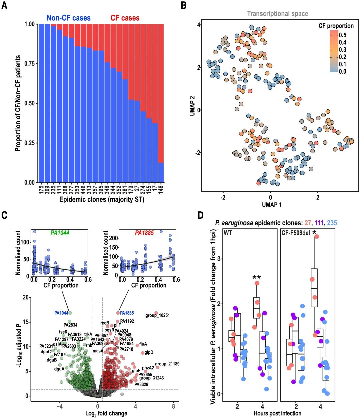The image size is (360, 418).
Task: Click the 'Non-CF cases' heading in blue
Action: (x=68, y=18)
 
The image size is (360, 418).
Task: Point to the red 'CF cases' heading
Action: (x=125, y=18)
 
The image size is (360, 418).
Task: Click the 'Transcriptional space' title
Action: (x=277, y=14)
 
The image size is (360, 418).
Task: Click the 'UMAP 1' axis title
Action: (x=271, y=205)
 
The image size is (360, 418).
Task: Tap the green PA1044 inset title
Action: (x=60, y=233)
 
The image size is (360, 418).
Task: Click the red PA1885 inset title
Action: (x=144, y=233)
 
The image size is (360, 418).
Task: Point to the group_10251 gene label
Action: (x=158, y=315)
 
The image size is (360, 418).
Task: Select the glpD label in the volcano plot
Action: (x=149, y=352)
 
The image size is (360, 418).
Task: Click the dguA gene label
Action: (x=59, y=369)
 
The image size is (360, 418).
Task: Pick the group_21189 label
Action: (x=167, y=364)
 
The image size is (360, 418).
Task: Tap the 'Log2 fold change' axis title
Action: (x=106, y=413)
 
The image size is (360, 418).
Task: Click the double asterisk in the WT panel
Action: (x=256, y=277)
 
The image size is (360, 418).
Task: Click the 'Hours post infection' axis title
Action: (x=277, y=413)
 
